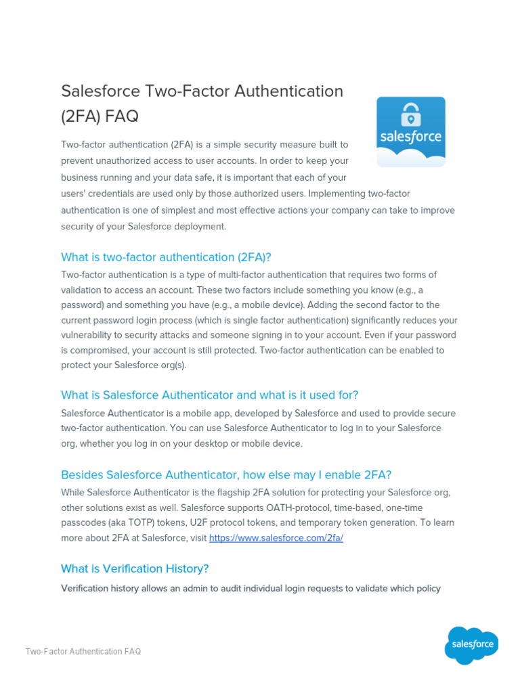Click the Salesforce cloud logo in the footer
pyautogui.click(x=471, y=644)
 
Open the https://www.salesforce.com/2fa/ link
pyautogui.click(x=276, y=538)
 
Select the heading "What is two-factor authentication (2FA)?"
pyautogui.click(x=166, y=257)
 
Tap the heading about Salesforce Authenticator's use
pyautogui.click(x=209, y=395)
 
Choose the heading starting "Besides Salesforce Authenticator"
pyautogui.click(x=226, y=474)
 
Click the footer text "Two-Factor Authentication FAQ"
pyautogui.click(x=83, y=652)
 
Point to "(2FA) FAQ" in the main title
pyautogui.click(x=100, y=116)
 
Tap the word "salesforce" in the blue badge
pyautogui.click(x=411, y=136)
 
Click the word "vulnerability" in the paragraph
pyautogui.click(x=89, y=335)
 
